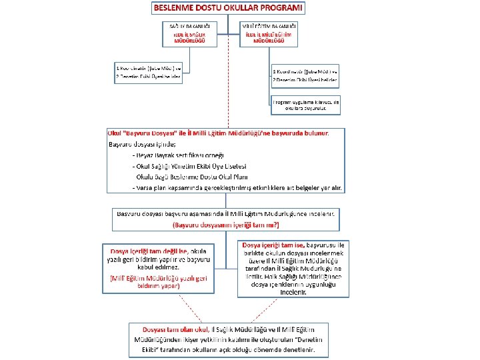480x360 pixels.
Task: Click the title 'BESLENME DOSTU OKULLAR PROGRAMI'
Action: (228, 9)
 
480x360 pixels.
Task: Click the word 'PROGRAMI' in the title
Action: (279, 9)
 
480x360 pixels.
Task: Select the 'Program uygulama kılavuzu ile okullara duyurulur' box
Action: (307, 105)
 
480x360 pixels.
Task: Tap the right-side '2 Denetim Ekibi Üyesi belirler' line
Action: (305, 80)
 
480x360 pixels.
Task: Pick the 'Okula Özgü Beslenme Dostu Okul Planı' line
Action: (192, 177)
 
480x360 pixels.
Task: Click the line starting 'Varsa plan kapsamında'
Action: (238, 188)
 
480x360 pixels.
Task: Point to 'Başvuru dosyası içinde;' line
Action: (142, 144)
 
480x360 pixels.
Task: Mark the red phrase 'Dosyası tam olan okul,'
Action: (176, 329)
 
